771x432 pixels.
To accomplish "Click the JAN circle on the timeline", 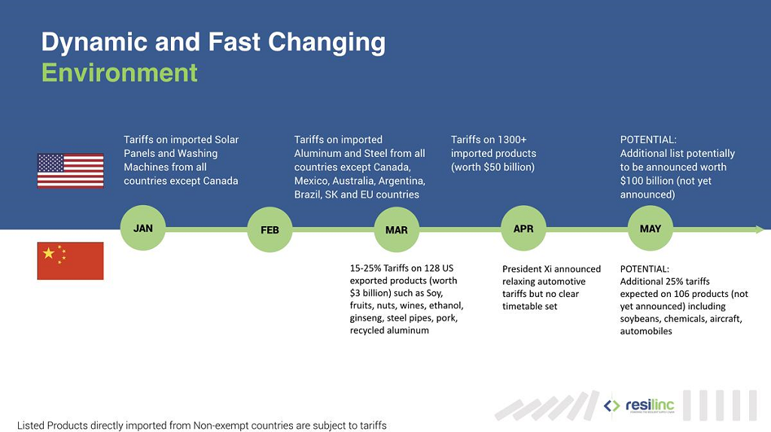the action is (x=143, y=228).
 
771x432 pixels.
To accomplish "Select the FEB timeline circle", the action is (x=270, y=229).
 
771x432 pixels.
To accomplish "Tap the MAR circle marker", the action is (x=397, y=229).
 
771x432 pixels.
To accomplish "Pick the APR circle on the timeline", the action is (x=524, y=228).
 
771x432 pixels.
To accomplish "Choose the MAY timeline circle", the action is (x=651, y=228).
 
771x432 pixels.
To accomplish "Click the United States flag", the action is (x=70, y=170).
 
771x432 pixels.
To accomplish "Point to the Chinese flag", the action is (x=70, y=261).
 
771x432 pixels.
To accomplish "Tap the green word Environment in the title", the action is (x=120, y=73).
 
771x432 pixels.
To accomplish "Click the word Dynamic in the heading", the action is (x=94, y=42).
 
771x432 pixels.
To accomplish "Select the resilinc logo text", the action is (x=650, y=406).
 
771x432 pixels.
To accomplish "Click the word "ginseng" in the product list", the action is (x=367, y=318).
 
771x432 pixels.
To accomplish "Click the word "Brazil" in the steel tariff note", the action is (x=308, y=195).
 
